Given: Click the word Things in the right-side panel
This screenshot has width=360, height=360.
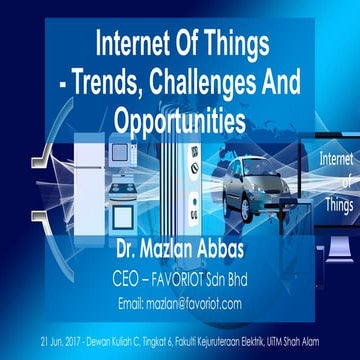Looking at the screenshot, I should click(337, 201).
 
